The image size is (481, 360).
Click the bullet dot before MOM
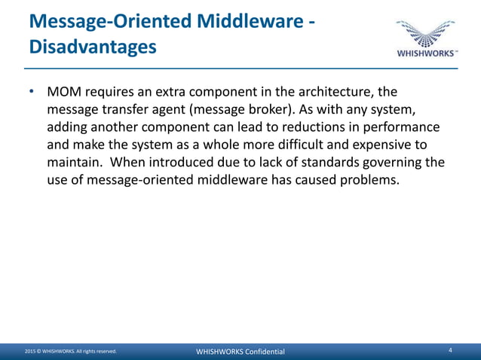(32, 92)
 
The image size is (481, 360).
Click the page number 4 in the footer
(450, 351)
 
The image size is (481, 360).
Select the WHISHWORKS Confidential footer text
(240, 352)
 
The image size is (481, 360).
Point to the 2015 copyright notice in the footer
(70, 352)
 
